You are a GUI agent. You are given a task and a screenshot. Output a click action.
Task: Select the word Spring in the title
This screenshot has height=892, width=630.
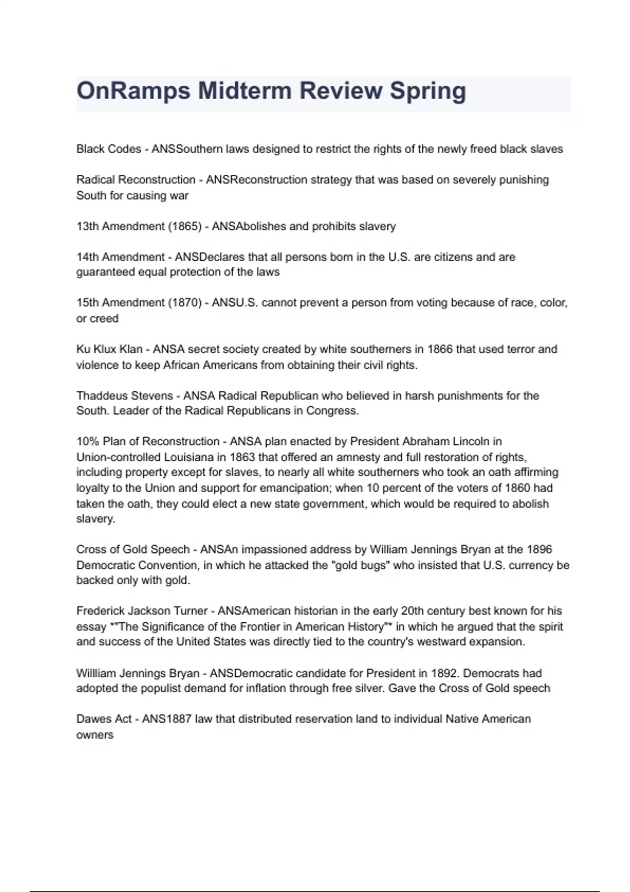pos(427,91)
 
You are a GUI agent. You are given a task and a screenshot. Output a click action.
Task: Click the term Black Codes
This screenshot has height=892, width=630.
pos(109,149)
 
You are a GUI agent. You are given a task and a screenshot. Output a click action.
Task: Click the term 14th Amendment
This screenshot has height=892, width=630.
pos(120,257)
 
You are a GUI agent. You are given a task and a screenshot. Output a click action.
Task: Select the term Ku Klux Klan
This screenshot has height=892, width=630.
pos(109,349)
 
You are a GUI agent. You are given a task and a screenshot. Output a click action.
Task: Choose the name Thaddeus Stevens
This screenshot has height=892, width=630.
pos(124,396)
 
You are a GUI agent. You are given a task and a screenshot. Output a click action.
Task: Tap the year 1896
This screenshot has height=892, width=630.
pos(539,549)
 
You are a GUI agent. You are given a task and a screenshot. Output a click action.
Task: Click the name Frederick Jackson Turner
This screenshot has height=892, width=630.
pos(142,611)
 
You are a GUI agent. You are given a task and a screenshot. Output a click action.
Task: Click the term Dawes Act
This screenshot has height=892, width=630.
pos(104,719)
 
